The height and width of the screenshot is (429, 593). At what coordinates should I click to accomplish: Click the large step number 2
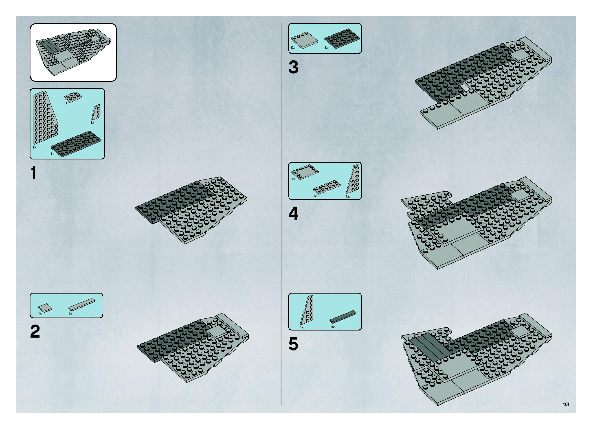pos(35,331)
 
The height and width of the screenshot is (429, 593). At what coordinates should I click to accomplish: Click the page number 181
pos(566,404)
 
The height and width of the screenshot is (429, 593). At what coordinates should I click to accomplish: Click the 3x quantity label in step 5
pos(333,327)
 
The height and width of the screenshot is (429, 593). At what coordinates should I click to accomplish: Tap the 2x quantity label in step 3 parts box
pos(293,47)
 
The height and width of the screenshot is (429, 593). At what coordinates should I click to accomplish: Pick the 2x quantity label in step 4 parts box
pos(347,196)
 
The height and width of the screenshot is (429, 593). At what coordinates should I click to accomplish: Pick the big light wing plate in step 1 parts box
pos(44,118)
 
